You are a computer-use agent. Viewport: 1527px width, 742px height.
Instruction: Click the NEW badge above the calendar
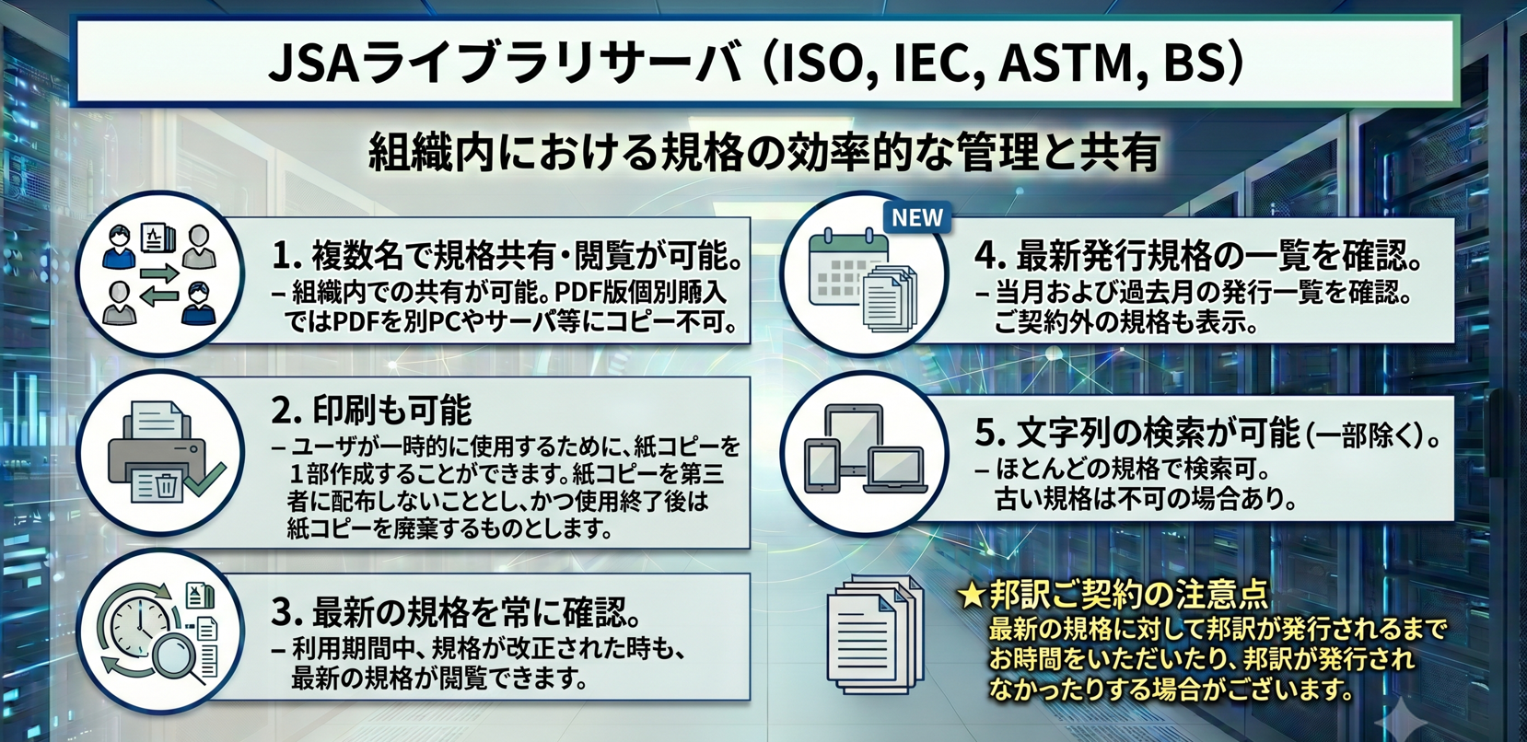pos(917,218)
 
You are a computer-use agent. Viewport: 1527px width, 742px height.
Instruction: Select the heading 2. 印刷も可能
pos(372,411)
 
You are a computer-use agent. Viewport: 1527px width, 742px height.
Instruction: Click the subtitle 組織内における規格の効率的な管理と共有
pos(764,154)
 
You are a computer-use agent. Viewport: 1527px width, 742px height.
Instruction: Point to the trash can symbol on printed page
pos(164,486)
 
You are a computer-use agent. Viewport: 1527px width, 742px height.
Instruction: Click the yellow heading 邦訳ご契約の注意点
pos(1129,596)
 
